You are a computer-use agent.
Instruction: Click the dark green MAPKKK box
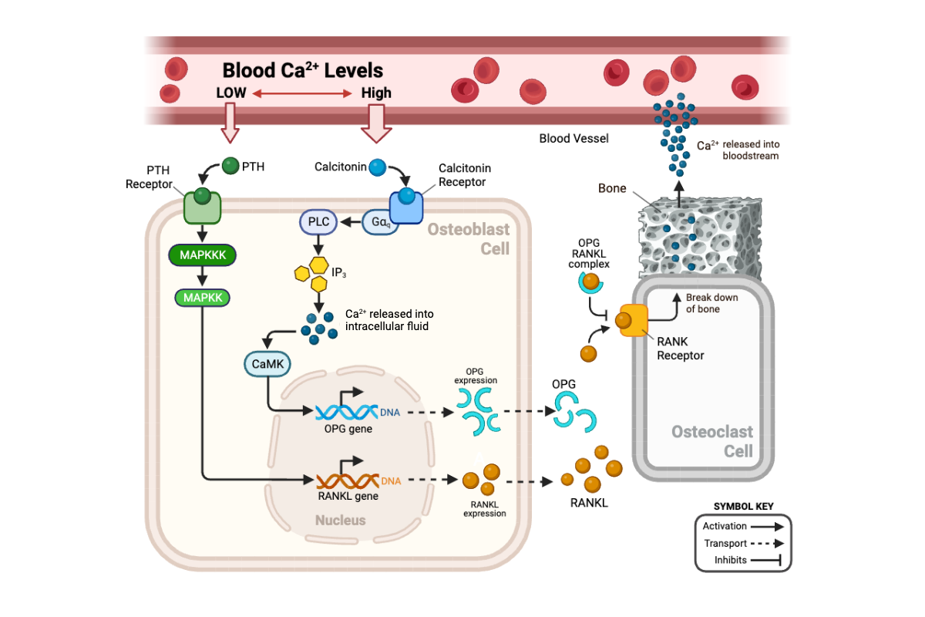[202, 254]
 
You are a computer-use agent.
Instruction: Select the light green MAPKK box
[202, 296]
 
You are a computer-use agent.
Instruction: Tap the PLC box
[318, 222]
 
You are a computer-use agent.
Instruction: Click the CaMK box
[266, 362]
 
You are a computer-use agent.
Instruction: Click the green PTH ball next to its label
[230, 165]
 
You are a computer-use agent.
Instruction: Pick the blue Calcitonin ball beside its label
[377, 167]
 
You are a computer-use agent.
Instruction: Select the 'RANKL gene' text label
[348, 496]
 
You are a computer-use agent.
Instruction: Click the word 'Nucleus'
[340, 521]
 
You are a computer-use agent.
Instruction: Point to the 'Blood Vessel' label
[573, 138]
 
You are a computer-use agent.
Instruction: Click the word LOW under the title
[231, 93]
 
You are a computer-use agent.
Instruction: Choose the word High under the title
[376, 93]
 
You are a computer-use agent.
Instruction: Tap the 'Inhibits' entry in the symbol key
[730, 560]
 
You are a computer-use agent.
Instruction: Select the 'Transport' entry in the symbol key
[725, 543]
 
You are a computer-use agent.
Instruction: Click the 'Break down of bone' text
[712, 303]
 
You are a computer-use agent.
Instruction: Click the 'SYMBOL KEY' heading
[743, 507]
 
